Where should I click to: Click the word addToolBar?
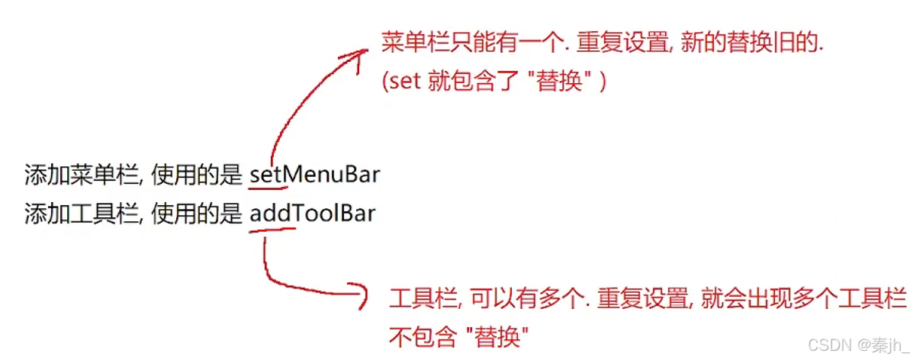[x=312, y=213]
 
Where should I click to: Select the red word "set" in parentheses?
[x=405, y=82]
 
